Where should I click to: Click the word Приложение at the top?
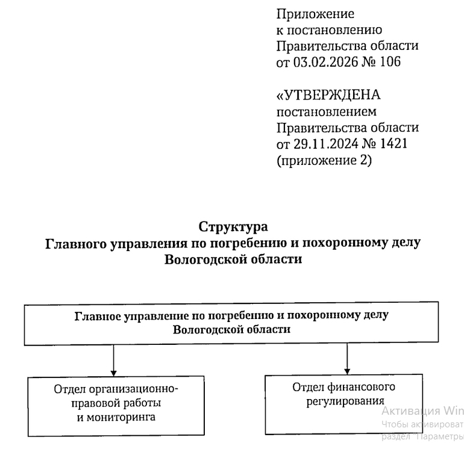coord(315,14)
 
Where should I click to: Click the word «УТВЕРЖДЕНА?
coord(328,96)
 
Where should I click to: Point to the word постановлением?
coord(326,111)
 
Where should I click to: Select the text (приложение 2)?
coord(324,161)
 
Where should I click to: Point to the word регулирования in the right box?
coord(341,401)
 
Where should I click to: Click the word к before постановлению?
coord(280,29)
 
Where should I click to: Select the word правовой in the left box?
coord(94,403)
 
